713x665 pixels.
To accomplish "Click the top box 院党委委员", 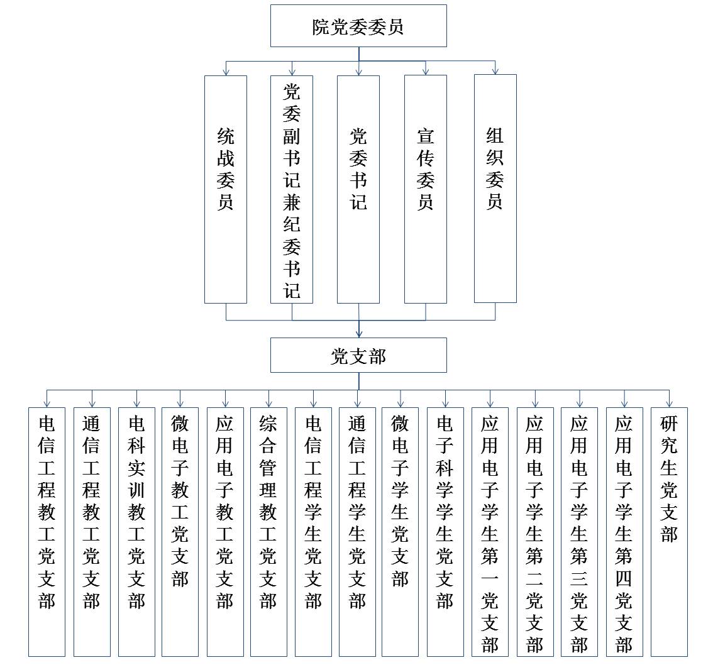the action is coord(358,26).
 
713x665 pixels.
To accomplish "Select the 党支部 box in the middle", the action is coord(358,355).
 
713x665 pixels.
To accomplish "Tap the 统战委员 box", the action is coord(226,189).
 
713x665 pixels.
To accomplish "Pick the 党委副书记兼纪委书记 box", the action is coord(292,189).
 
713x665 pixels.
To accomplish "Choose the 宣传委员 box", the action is coord(426,189).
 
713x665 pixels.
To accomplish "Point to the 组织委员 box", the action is coord(495,189).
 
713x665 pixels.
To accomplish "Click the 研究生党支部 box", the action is coord(669,532).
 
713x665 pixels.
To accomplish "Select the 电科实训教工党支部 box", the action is coord(136,532).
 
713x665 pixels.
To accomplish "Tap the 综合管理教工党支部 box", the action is coord(268,532).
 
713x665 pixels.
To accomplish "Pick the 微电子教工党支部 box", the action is coord(180,532).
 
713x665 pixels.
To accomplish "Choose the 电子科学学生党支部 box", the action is coord(445,532).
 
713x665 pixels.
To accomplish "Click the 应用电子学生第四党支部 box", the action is coord(624,532).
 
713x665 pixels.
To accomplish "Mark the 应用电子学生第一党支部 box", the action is coord(490,532).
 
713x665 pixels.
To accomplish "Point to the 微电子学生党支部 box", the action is coord(400,532).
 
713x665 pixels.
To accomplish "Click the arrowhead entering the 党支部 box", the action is coord(359,334).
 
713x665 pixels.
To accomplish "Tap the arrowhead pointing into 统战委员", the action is coord(226,72).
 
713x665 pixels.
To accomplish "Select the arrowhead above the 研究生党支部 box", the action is coord(670,404).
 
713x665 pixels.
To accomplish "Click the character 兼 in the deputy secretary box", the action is coord(292,202).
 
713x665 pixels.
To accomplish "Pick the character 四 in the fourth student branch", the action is coord(624,578).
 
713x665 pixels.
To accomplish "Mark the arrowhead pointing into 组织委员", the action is coord(495,71).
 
